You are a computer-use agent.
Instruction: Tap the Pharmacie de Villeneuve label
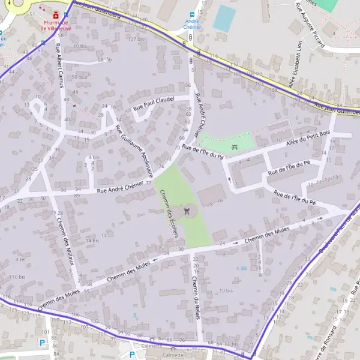tap(56, 25)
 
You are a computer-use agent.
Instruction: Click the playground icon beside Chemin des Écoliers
tap(188, 211)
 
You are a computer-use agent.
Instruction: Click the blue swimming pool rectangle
tap(224, 18)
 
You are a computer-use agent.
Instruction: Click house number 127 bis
tap(136, 39)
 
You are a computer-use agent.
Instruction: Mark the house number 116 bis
tap(17, 277)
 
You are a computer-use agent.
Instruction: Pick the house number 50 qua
tap(79, 77)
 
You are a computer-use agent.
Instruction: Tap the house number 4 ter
tap(21, 259)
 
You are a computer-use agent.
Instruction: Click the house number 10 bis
tap(226, 290)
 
